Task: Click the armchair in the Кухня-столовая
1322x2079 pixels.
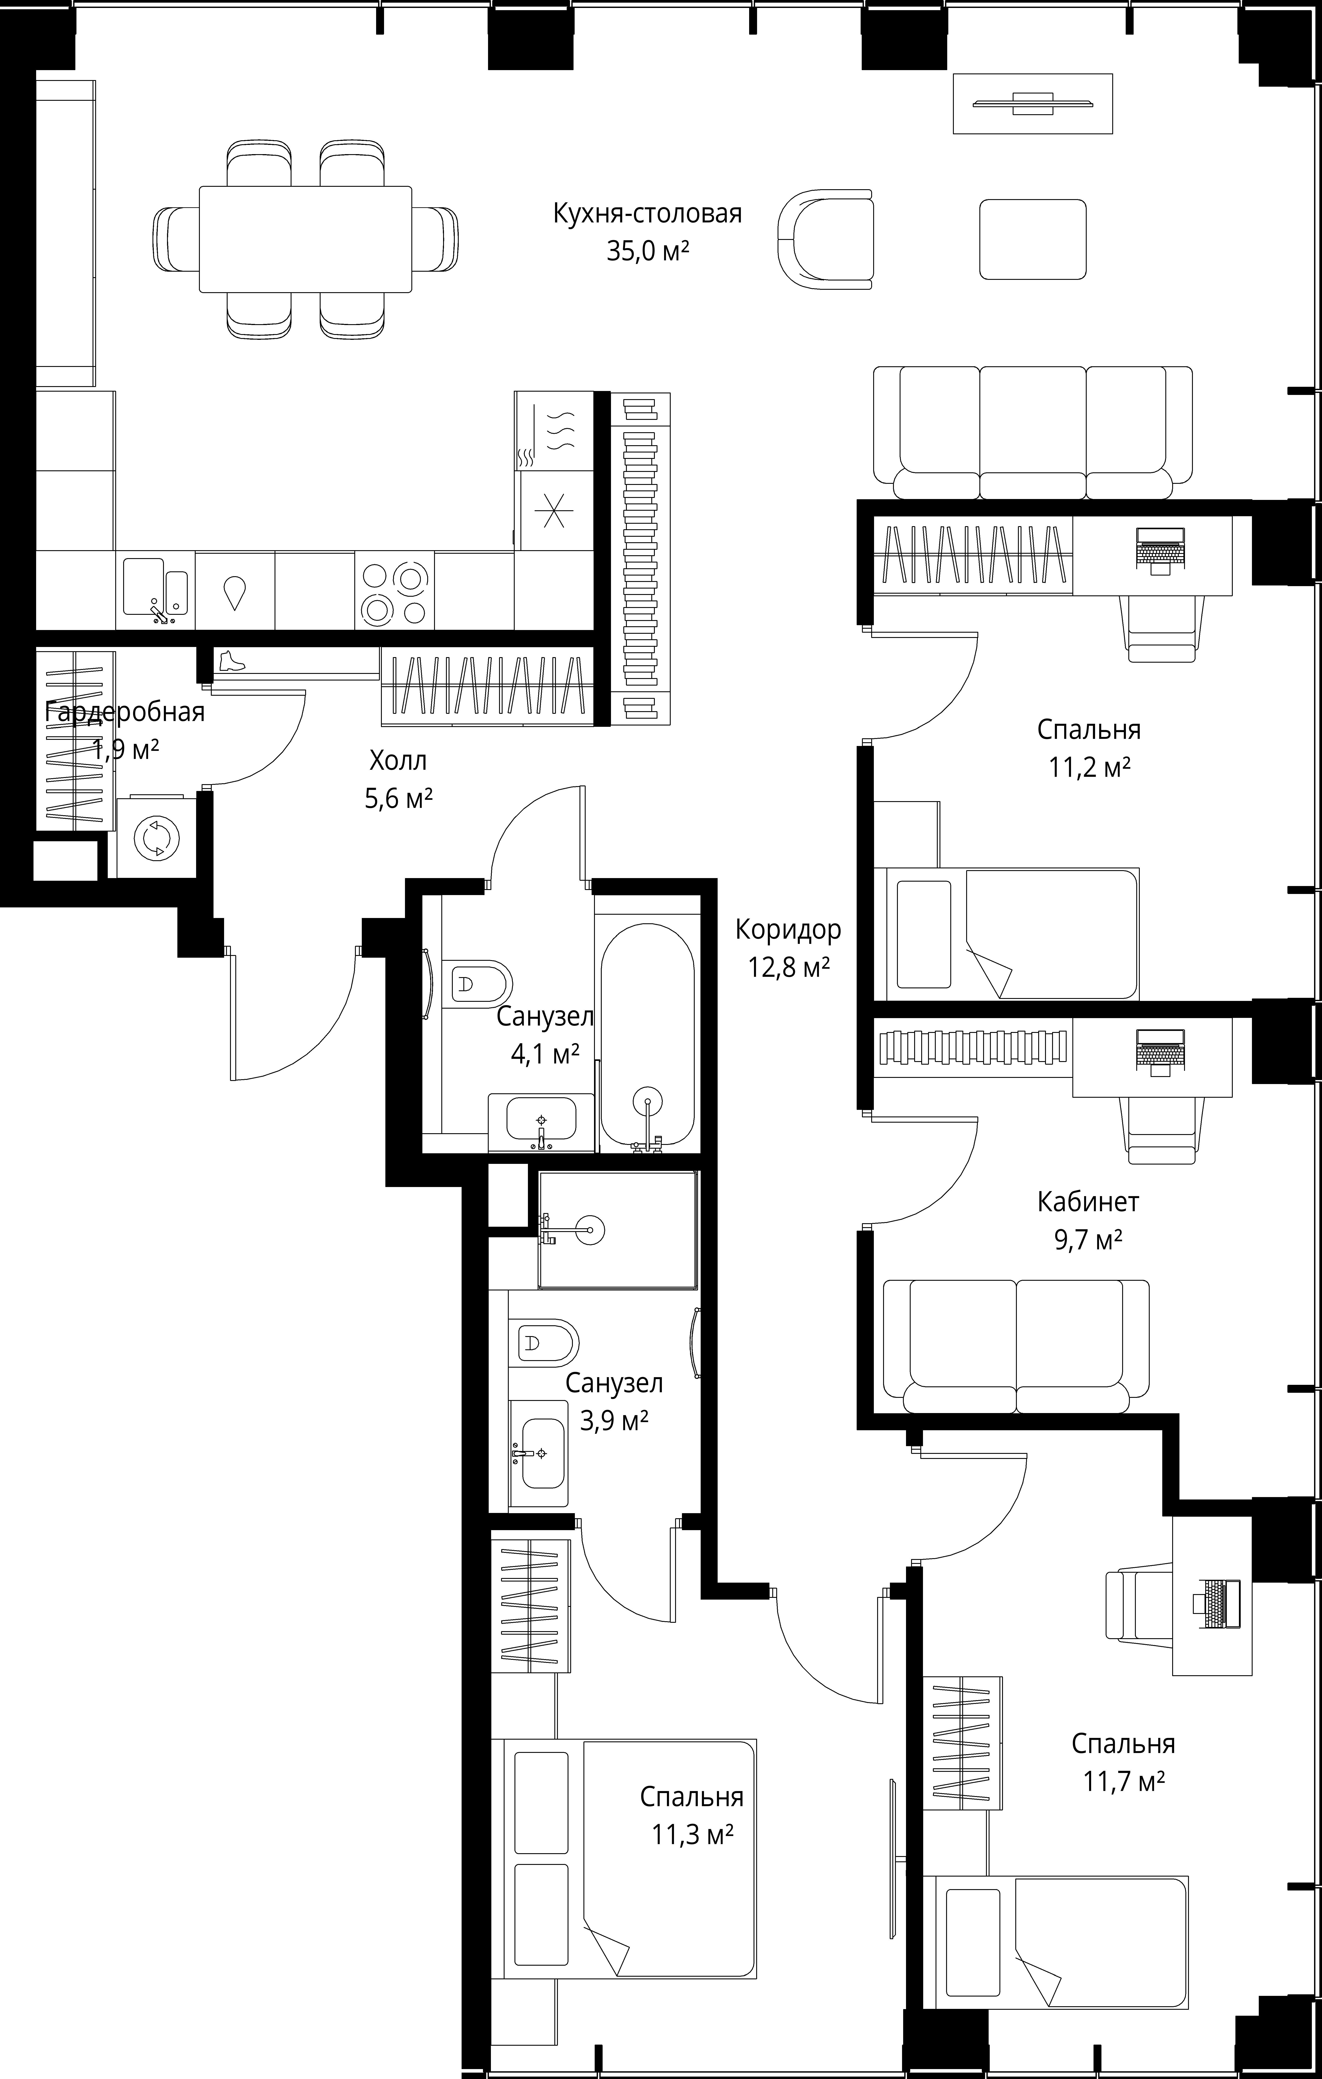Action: [825, 239]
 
